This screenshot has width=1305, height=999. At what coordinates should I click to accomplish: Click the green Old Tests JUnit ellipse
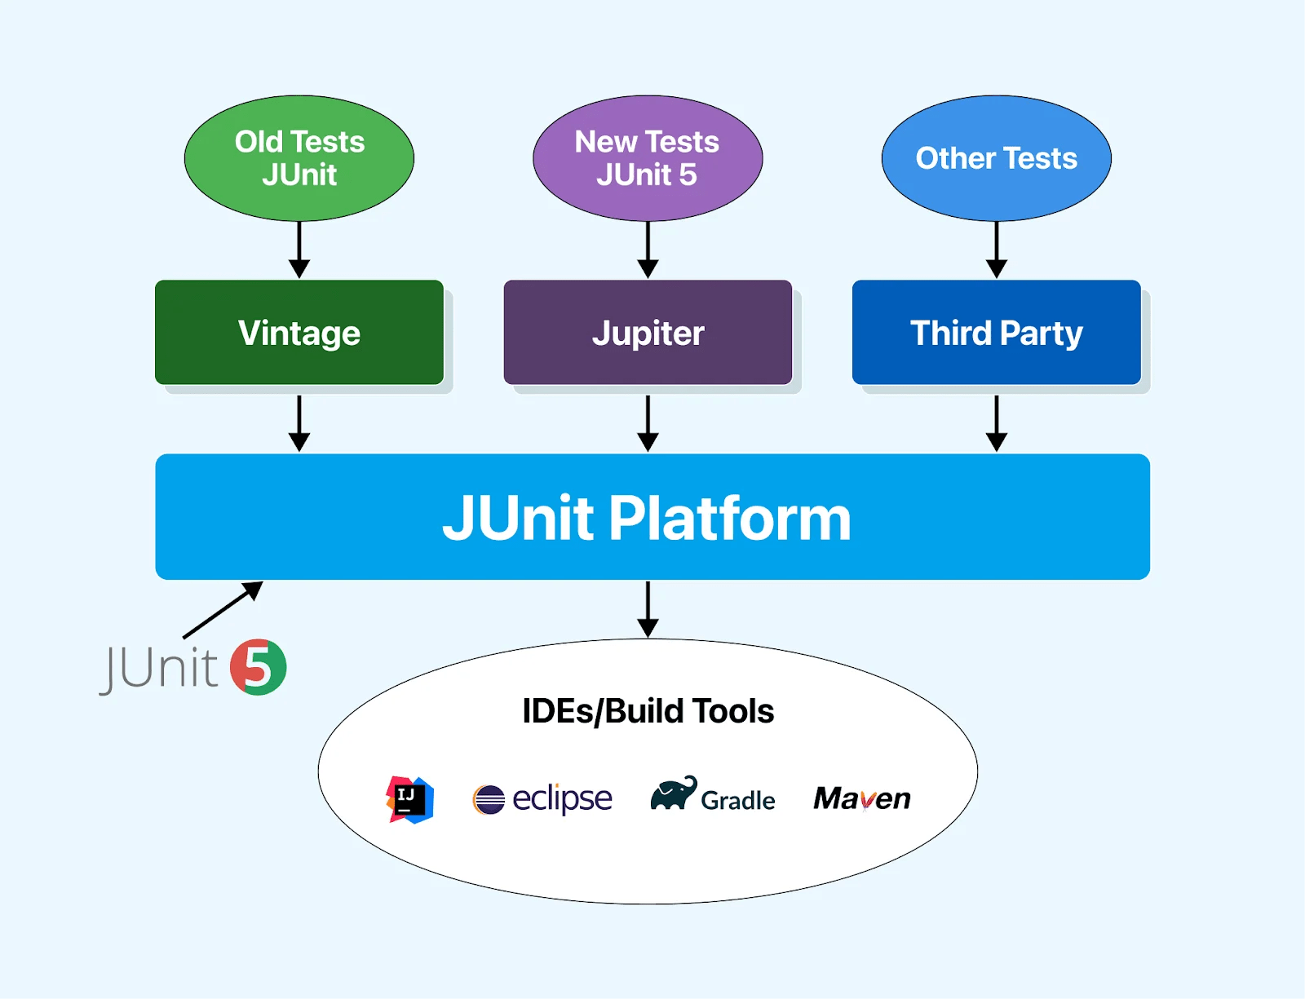[x=299, y=158]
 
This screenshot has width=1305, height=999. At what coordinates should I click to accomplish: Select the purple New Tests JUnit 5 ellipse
[x=648, y=158]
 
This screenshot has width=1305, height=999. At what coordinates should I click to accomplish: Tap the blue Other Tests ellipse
[x=996, y=158]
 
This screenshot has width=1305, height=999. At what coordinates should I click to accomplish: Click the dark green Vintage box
[x=299, y=333]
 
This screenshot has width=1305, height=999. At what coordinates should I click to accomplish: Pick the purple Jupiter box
[x=648, y=333]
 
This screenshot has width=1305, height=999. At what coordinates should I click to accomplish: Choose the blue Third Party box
[x=996, y=333]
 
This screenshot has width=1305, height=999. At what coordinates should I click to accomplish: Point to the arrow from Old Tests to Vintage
[x=299, y=250]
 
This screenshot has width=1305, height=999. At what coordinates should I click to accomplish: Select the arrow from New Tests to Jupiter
[x=648, y=250]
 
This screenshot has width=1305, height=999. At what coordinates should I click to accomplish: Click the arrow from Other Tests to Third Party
[x=996, y=250]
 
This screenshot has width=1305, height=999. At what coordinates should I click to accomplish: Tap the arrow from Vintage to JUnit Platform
[x=299, y=423]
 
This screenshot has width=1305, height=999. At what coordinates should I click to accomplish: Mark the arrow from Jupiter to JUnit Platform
[x=648, y=423]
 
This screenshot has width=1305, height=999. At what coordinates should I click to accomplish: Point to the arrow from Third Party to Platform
[x=996, y=423]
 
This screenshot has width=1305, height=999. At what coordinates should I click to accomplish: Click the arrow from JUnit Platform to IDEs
[x=648, y=608]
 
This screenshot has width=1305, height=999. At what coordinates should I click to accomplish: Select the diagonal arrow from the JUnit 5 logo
[x=223, y=610]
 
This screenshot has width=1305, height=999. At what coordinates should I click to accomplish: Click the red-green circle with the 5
[x=258, y=667]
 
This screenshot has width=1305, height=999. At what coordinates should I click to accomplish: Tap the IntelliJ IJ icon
[x=409, y=799]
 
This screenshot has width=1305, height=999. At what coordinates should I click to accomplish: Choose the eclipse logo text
[x=561, y=798]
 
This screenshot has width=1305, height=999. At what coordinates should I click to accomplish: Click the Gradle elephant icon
[x=673, y=793]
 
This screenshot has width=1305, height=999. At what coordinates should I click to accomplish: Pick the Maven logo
[x=862, y=798]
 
